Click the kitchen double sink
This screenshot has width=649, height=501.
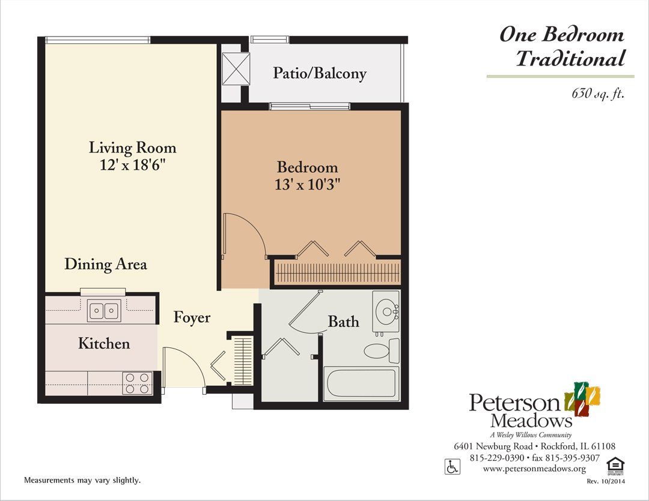104,310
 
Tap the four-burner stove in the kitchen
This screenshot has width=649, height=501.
138,383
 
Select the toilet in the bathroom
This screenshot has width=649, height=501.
382,350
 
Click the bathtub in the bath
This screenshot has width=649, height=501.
361,384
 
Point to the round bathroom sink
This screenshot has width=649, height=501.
386,311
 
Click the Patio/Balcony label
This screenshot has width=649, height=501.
320,73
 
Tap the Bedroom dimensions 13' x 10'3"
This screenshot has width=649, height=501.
307,184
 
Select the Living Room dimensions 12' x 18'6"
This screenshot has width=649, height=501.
132,166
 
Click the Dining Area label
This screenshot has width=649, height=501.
106,264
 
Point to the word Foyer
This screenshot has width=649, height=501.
192,317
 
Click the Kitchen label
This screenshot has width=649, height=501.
104,343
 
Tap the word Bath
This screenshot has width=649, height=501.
344,322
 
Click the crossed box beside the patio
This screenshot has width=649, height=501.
236,69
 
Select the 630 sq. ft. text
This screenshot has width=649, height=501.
598,94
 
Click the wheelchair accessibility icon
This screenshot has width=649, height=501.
452,467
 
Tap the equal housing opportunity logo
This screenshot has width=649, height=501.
615,466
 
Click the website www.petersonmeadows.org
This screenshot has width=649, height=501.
534,469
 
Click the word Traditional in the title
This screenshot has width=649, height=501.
570,58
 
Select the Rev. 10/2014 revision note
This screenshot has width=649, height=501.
606,481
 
